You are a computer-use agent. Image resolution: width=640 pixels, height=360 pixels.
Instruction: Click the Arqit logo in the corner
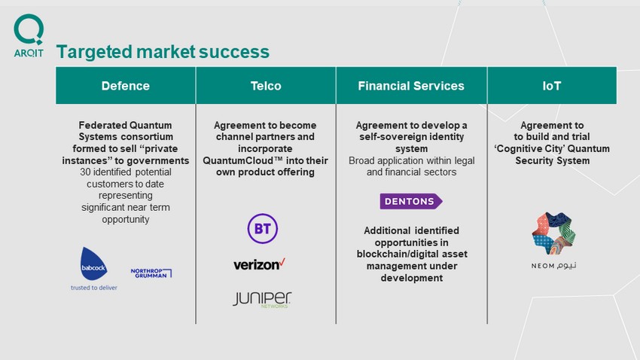[29, 36]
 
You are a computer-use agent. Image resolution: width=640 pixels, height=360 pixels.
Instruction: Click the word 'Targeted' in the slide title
[94, 52]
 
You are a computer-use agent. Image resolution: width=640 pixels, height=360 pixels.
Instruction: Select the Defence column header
[126, 86]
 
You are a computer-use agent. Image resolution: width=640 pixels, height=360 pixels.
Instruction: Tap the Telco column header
[266, 86]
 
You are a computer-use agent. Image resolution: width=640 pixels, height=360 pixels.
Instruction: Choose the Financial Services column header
[411, 86]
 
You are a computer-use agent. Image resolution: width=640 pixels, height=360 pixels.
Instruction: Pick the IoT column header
[552, 86]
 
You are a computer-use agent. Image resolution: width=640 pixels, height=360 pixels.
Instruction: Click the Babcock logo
[94, 264]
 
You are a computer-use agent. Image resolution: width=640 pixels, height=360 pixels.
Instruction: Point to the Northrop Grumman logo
[151, 273]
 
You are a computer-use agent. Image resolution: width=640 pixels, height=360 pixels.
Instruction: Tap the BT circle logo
[263, 228]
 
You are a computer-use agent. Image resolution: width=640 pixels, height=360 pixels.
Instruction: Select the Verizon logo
[259, 264]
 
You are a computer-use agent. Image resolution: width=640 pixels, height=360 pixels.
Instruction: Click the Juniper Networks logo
[262, 299]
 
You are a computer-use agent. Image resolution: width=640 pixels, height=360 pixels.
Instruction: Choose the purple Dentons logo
[411, 201]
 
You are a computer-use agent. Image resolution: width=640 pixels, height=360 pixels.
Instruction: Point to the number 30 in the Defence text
[85, 172]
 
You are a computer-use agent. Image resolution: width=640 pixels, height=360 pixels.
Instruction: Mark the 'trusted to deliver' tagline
[94, 288]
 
